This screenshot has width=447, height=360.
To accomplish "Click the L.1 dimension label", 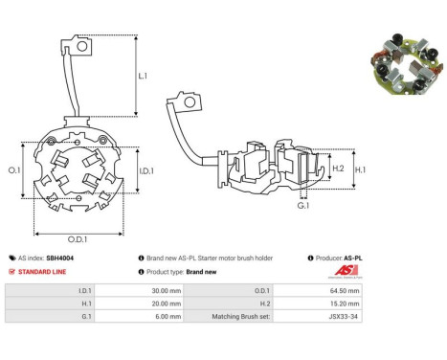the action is pyautogui.click(x=143, y=76).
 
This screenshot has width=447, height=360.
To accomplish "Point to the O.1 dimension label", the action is pyautogui.click(x=14, y=170).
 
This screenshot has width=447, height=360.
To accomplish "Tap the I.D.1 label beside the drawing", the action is pyautogui.click(x=146, y=171).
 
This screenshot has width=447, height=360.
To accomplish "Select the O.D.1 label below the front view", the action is pyautogui.click(x=78, y=239).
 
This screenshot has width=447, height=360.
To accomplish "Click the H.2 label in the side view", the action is pyautogui.click(x=338, y=169).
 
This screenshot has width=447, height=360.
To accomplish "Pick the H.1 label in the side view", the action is pyautogui.click(x=361, y=169).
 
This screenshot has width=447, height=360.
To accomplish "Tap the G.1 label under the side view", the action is pyautogui.click(x=303, y=206).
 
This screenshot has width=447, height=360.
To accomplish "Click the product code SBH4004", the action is pyautogui.click(x=59, y=258).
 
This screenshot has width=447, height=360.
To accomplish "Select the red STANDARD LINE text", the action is pyautogui.click(x=42, y=272).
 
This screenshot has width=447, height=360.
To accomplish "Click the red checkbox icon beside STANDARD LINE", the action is pyautogui.click(x=11, y=272).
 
